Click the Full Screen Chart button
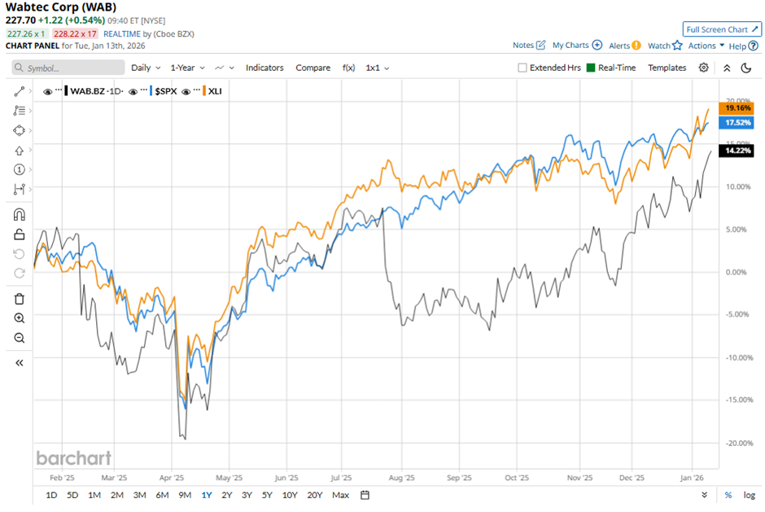coord(722,28)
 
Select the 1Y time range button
coord(206,495)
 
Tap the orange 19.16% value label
coord(737,108)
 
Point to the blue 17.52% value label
coord(737,123)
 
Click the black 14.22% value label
coord(737,151)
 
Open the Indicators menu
coord(264,68)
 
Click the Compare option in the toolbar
coord(313,68)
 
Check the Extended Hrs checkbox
coord(522,68)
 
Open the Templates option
coord(667,68)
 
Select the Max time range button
coord(341,495)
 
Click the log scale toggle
coord(749,495)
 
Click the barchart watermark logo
coord(73,457)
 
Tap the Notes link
coord(529,46)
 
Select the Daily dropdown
coord(146,68)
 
